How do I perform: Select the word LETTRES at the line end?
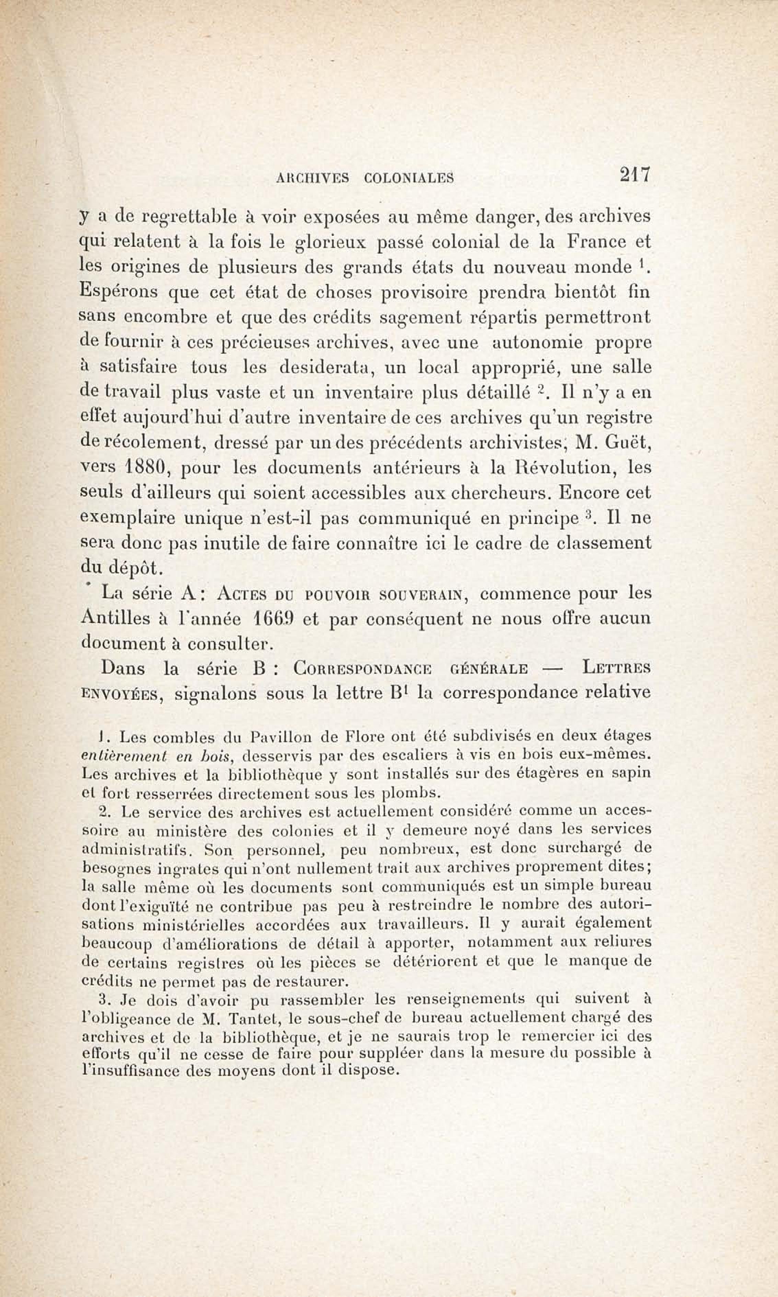(x=616, y=669)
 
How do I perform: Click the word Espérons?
(x=118, y=291)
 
